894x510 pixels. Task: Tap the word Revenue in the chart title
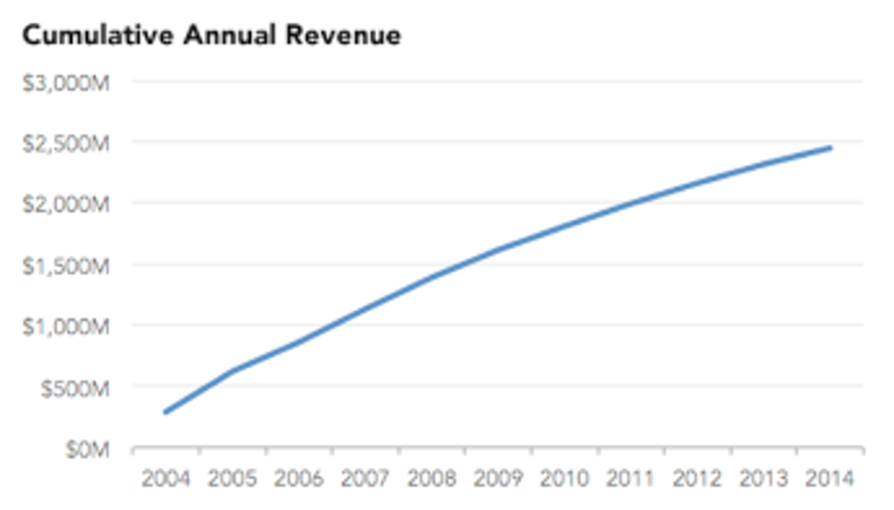(343, 36)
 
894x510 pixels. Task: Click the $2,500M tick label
(65, 144)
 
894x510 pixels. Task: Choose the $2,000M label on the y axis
(65, 205)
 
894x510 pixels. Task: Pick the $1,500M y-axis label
(65, 266)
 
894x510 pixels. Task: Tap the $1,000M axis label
(65, 327)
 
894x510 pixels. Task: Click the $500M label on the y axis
(74, 388)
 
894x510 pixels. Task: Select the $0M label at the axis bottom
(86, 449)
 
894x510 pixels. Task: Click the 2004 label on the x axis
(166, 479)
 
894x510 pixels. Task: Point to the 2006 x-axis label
(299, 479)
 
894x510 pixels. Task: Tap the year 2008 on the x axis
(432, 479)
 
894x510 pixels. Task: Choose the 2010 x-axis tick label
(565, 479)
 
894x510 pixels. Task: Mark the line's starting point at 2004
(166, 412)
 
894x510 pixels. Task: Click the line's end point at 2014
(831, 148)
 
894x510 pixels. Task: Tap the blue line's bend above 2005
(233, 370)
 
